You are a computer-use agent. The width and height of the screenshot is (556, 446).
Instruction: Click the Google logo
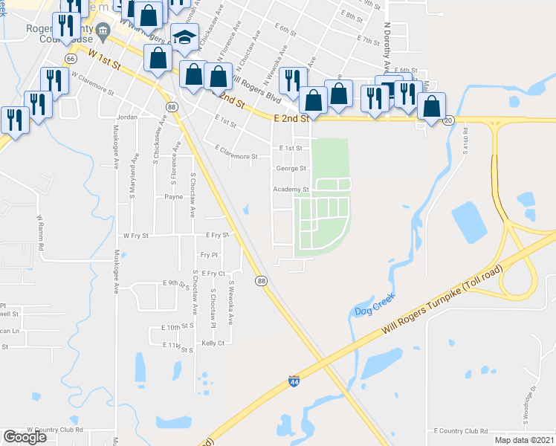coord(25,437)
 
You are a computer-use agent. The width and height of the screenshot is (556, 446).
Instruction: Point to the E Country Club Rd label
coord(461,430)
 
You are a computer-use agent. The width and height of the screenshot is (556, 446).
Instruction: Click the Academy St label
coord(291,190)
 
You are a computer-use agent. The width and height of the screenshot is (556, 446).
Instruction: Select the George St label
coord(291,169)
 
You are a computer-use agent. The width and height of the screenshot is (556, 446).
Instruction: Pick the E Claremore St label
coord(236,157)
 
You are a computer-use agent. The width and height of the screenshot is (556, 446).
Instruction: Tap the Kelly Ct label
coord(213,343)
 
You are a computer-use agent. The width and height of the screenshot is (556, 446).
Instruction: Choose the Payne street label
coord(174,197)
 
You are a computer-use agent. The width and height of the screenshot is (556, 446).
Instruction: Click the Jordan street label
coord(128,118)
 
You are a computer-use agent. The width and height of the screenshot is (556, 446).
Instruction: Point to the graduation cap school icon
coord(183,37)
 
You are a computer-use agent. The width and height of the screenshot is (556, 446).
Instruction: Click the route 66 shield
coord(71,57)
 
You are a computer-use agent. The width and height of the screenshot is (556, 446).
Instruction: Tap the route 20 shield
coord(447,119)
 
